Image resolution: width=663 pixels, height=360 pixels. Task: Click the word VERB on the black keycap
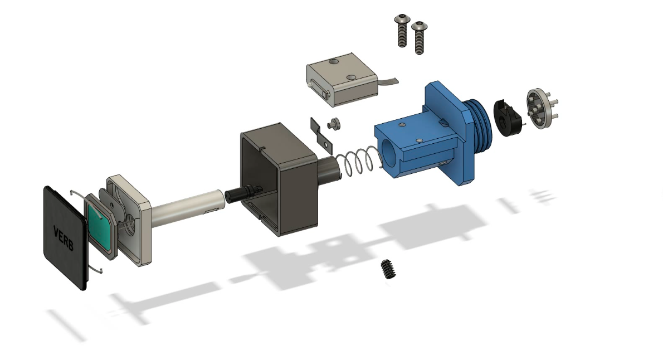(64, 238)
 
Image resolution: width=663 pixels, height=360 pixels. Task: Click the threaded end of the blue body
(480, 123)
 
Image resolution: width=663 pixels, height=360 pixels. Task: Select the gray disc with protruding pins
(541, 108)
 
